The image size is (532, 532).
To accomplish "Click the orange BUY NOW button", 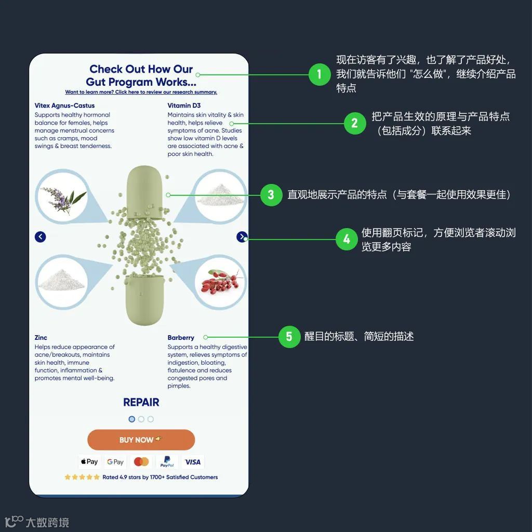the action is tap(141, 440).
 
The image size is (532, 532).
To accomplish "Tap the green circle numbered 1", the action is tap(319, 74).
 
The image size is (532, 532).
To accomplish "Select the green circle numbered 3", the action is tap(271, 195).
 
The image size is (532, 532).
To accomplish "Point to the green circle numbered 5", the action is tap(289, 337).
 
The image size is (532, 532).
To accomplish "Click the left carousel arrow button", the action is tap(41, 237).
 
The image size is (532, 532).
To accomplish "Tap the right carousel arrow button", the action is tap(242, 237).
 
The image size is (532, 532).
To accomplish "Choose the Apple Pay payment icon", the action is tap(89, 461).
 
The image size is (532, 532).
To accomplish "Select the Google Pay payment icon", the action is tap(115, 461).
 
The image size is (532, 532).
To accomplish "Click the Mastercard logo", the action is tap(141, 461).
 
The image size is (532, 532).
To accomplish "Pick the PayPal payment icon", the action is tap(167, 461).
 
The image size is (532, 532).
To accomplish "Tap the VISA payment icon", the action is tap(192, 461).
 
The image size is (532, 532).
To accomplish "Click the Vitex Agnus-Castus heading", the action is tap(64, 105).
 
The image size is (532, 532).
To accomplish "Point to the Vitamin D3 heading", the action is tap(184, 105).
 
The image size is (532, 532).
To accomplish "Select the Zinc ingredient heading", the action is tap(41, 338).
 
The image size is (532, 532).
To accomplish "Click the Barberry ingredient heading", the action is tap(181, 338).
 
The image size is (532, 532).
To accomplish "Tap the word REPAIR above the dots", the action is tap(141, 402).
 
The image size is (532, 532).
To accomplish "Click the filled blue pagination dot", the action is tap(131, 419).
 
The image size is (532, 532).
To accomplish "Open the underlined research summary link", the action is tap(141, 92).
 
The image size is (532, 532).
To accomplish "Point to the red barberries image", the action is tap(220, 283).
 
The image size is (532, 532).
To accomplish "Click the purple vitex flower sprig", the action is tap(62, 199).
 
